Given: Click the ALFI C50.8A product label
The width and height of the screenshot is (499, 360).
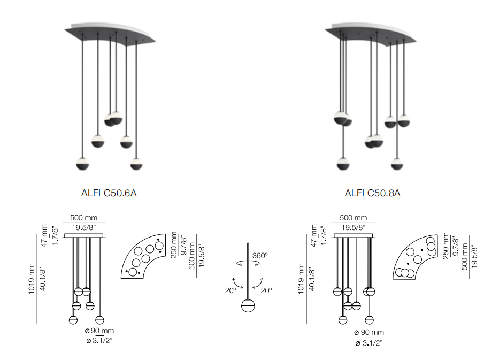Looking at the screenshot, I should [x=372, y=193].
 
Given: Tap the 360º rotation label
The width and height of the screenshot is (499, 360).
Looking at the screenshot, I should [x=260, y=256].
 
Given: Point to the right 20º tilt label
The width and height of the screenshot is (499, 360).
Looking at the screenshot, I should [x=266, y=290].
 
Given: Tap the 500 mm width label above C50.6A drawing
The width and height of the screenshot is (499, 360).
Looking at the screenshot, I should [x=83, y=218].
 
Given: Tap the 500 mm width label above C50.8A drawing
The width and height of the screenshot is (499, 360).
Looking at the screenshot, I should [x=354, y=218].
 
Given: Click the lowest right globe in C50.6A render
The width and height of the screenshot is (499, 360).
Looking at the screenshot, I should [x=136, y=164].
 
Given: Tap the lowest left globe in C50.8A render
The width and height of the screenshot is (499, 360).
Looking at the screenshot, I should [x=343, y=164].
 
